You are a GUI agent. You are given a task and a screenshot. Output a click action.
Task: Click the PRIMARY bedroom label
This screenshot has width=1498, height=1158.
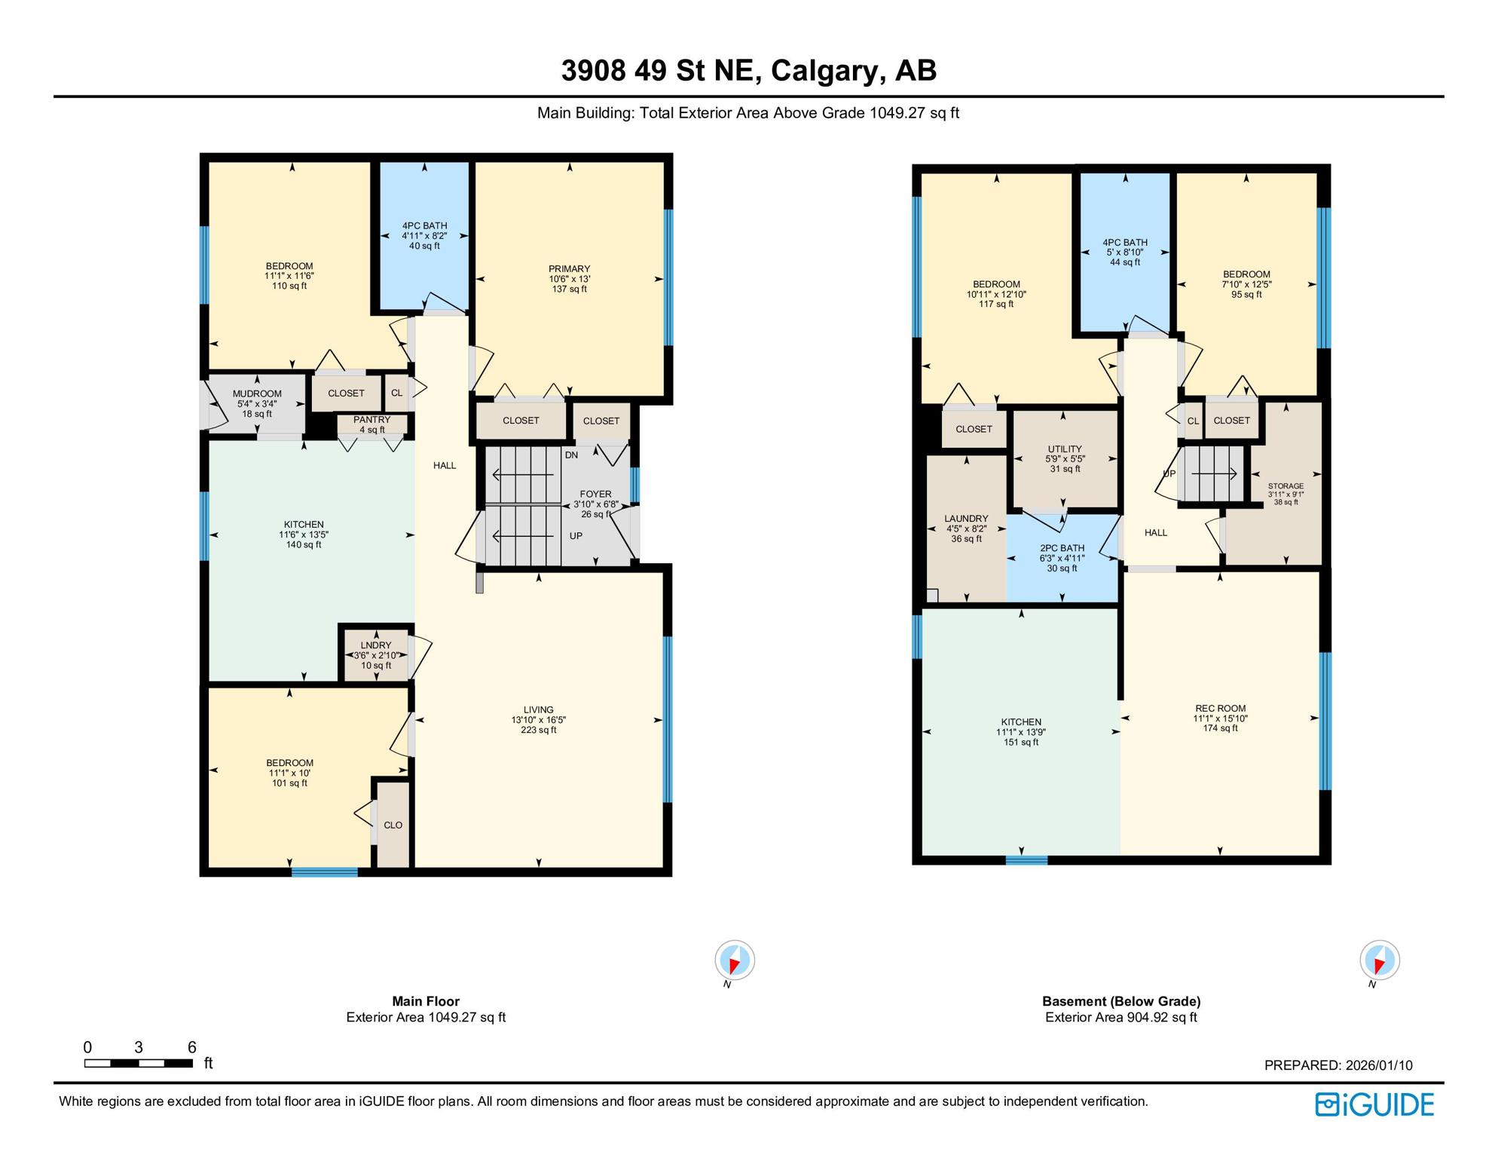(569, 269)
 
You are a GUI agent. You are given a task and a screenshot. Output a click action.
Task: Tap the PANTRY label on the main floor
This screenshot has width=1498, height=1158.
(371, 420)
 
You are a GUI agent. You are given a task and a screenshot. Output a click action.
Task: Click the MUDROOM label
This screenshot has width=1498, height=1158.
(257, 394)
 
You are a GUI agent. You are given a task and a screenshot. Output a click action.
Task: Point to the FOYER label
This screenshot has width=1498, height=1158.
(595, 495)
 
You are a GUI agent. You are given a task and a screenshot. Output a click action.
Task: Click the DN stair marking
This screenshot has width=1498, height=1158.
(571, 455)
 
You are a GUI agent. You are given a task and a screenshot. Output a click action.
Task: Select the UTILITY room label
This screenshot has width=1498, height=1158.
(1065, 449)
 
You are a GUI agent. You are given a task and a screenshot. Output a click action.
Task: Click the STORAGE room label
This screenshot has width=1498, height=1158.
(1286, 487)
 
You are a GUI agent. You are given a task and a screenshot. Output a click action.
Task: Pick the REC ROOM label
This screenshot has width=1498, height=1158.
(1220, 709)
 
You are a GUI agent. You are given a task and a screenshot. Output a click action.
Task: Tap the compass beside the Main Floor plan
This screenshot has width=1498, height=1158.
(735, 961)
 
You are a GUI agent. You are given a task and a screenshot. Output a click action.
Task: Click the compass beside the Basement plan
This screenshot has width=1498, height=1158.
(1380, 961)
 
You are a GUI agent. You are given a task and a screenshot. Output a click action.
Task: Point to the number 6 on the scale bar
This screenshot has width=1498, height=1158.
(192, 1047)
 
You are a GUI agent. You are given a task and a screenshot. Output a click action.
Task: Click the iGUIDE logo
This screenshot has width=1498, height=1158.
(1375, 1105)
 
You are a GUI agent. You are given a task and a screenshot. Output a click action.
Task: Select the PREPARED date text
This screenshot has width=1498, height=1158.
(1338, 1065)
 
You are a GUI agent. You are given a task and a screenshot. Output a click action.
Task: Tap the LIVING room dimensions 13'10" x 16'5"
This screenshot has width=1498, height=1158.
(539, 720)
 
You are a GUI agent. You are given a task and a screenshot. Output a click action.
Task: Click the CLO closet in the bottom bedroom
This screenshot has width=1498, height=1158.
(393, 826)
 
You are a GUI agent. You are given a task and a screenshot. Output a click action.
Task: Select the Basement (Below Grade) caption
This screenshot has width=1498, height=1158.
(1121, 1001)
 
